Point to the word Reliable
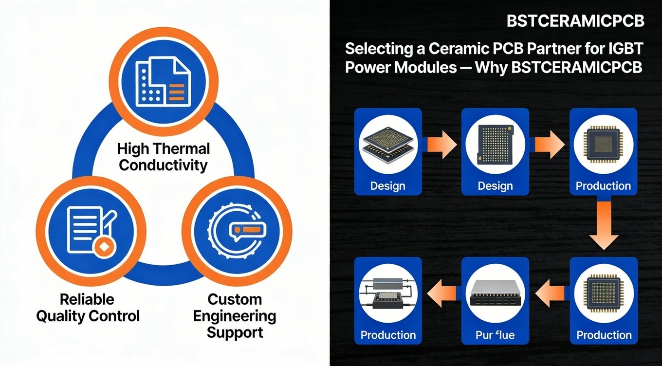(87, 299)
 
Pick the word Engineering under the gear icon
(235, 316)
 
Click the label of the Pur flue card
(495, 335)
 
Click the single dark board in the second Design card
(495, 145)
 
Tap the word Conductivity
(163, 165)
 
